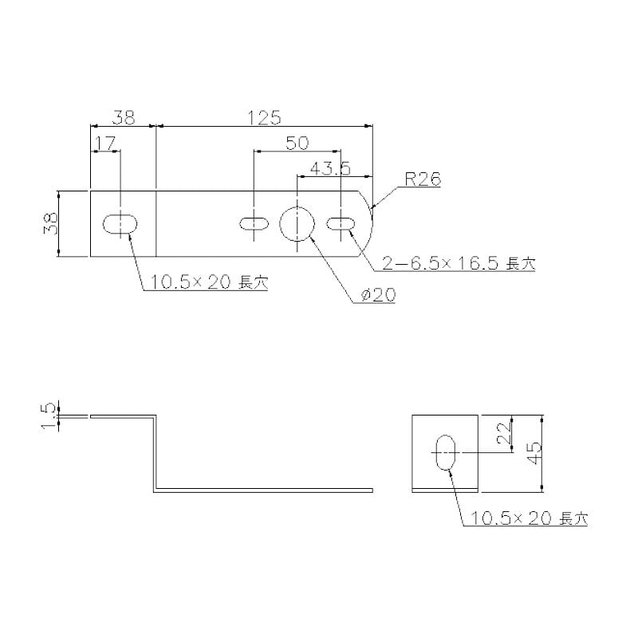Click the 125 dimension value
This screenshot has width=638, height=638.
pyautogui.click(x=265, y=117)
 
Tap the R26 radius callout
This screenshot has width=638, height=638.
pyautogui.click(x=423, y=179)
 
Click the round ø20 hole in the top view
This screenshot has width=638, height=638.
pyautogui.click(x=297, y=224)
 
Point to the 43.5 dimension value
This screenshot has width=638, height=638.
pyautogui.click(x=330, y=168)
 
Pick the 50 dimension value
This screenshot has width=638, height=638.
pyautogui.click(x=297, y=143)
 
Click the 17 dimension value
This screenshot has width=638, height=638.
pyautogui.click(x=105, y=144)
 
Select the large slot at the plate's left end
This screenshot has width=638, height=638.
pyautogui.click(x=120, y=224)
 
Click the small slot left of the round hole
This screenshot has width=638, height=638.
pyautogui.click(x=254, y=224)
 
